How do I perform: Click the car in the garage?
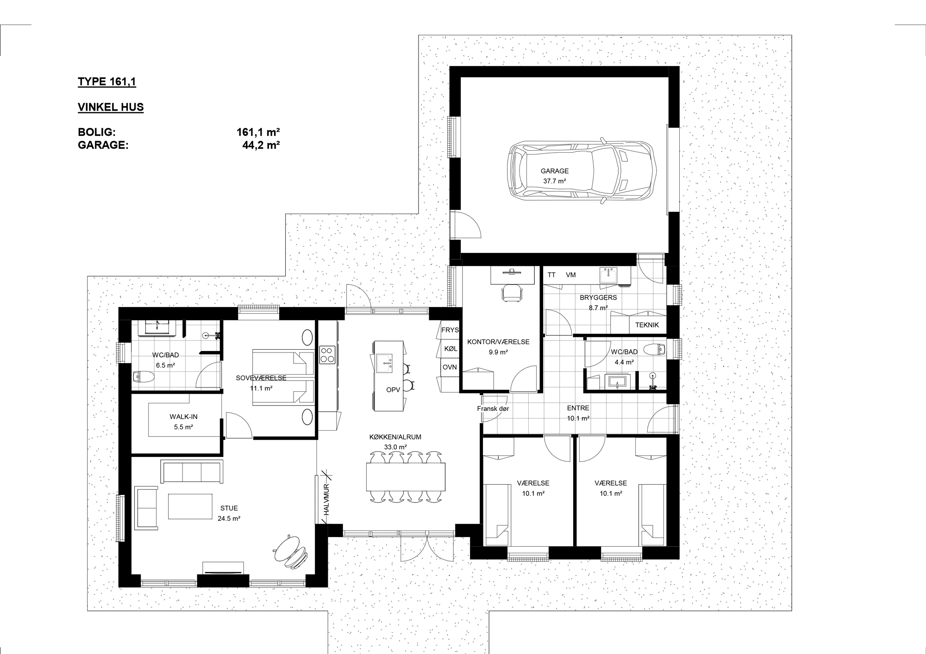582,170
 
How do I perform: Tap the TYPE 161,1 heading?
107,82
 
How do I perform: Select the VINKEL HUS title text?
111,107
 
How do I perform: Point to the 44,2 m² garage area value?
261,145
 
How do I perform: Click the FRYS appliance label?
450,330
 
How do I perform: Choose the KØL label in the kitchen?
450,349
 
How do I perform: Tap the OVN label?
450,367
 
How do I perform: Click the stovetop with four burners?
327,355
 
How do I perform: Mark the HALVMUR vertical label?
326,500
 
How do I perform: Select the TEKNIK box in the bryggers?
647,325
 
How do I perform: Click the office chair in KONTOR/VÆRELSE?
512,293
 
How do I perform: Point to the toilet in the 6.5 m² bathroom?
142,377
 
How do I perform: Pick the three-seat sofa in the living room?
191,471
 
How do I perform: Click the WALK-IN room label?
183,417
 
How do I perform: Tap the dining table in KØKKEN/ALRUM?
406,477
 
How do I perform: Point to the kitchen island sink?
385,364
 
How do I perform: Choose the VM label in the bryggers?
571,275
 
